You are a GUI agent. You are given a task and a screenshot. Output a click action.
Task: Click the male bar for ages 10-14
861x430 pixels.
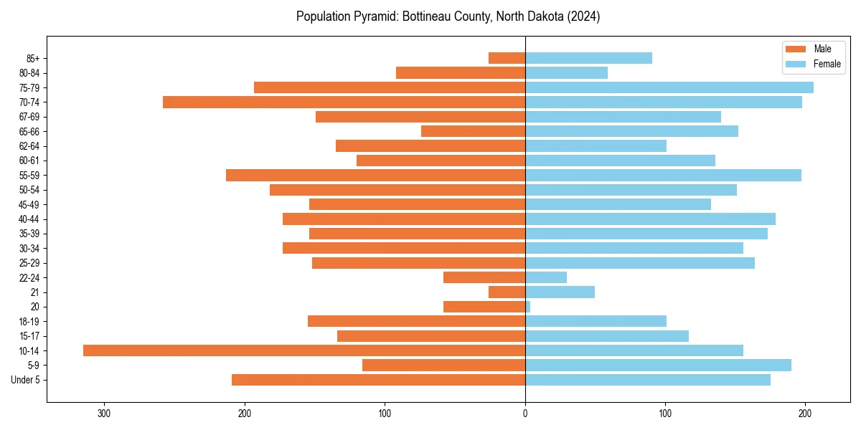304,350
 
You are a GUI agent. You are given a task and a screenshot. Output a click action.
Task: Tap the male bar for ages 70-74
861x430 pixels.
344,102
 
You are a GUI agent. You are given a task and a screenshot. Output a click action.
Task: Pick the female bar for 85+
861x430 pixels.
588,58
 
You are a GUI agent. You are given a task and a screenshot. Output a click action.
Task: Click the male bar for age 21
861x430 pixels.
507,292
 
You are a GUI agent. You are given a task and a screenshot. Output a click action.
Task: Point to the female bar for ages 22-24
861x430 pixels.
546,277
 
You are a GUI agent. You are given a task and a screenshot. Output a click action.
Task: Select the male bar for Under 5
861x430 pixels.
378,380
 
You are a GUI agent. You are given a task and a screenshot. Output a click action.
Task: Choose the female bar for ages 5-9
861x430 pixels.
658,365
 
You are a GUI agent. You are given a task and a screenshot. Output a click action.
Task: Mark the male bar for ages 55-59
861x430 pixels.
375,176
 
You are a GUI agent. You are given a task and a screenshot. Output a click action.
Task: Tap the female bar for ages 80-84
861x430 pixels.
566,73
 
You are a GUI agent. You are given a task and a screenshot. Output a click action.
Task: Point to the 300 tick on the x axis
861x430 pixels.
105,414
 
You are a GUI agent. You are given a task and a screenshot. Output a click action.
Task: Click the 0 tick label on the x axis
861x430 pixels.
525,414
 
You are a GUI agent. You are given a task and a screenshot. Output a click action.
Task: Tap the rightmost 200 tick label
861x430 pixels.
805,414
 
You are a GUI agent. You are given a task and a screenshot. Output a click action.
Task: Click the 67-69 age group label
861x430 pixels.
29,117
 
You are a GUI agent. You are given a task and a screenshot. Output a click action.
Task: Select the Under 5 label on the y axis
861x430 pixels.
26,380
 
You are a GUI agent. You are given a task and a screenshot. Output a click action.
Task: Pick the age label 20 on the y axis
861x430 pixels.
34,307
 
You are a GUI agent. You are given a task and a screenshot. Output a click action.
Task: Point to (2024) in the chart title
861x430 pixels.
584,16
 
